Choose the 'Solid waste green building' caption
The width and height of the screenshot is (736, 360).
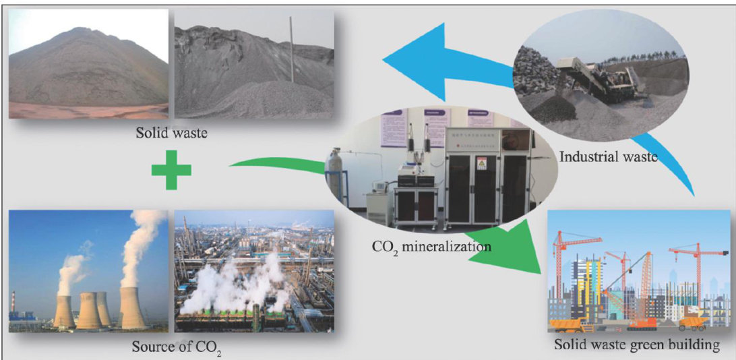coord(637,345)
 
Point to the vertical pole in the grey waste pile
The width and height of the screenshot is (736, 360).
coord(292,51)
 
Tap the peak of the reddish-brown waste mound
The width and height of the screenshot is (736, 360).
coord(81,30)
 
